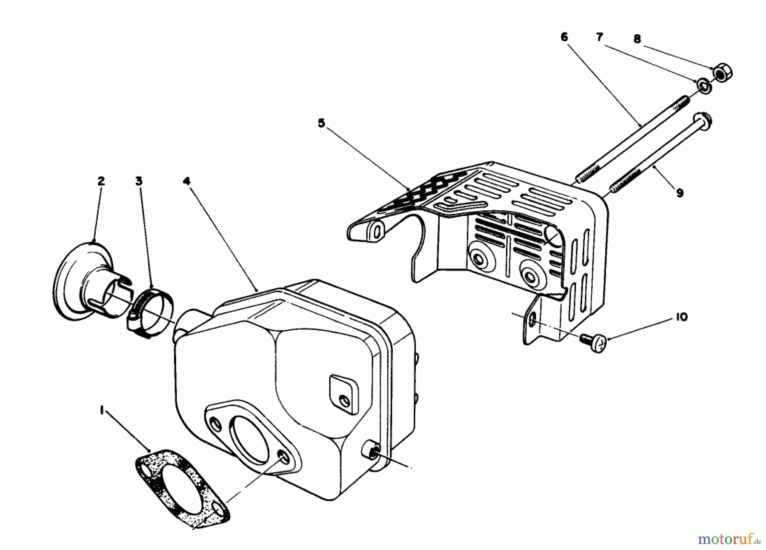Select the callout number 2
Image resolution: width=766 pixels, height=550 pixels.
(100, 181)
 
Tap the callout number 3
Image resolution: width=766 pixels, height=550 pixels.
(139, 181)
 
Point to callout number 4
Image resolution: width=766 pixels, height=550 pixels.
(186, 181)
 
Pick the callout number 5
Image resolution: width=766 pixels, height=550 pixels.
(321, 124)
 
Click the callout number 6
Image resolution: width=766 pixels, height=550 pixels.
(564, 37)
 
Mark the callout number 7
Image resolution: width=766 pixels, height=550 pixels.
(599, 37)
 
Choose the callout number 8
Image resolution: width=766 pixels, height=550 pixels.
(637, 39)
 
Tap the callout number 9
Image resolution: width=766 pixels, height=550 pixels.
(680, 193)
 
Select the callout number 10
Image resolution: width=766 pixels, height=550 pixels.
(681, 317)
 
